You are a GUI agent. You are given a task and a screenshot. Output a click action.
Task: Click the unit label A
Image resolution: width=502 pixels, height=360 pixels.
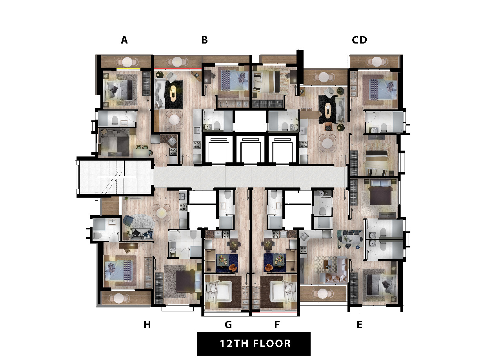(x=124, y=40)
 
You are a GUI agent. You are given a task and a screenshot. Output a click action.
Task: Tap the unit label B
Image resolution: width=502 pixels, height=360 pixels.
(x=205, y=40)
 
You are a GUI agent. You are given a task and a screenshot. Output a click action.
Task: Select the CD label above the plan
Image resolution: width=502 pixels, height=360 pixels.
(x=360, y=40)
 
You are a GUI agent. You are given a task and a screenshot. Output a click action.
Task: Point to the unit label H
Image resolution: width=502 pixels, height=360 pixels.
(x=147, y=325)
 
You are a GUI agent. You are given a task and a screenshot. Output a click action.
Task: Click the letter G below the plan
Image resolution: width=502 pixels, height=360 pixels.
(x=228, y=325)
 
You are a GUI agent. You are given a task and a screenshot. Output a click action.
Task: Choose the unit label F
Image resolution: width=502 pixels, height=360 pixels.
(x=277, y=325)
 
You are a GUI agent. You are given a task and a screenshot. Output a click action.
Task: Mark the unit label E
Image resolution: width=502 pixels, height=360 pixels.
(x=360, y=325)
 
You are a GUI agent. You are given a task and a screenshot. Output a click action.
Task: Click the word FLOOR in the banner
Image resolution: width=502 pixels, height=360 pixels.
(x=272, y=344)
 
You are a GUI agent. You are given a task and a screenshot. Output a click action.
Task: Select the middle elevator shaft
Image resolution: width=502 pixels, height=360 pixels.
(x=251, y=150)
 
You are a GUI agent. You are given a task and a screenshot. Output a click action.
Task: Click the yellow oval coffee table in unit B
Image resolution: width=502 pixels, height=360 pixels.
(x=173, y=93)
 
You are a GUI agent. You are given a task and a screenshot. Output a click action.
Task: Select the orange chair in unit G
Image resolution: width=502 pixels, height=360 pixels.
(x=233, y=267)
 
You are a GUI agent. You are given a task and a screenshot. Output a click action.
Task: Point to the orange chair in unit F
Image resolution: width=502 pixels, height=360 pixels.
(x=269, y=267)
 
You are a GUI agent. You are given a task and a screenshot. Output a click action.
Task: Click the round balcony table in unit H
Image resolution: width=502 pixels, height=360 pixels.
(x=118, y=298)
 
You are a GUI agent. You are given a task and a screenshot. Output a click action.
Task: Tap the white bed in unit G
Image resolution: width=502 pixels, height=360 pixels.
(x=218, y=292)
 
